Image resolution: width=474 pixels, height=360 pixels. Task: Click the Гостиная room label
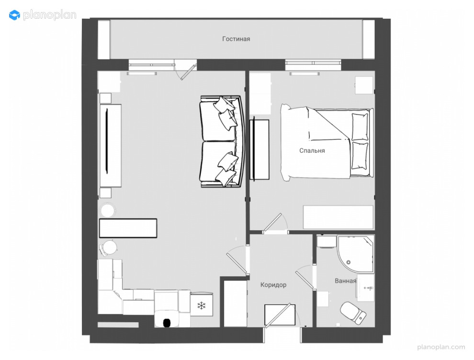(x=236, y=39)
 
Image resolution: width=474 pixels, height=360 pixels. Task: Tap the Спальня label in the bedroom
(x=312, y=150)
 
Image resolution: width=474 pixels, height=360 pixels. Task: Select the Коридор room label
(x=273, y=285)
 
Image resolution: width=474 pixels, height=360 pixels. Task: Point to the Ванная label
(x=345, y=281)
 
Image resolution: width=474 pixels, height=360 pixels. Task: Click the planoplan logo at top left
(x=42, y=15)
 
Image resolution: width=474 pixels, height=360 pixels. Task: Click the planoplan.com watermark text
(x=441, y=347)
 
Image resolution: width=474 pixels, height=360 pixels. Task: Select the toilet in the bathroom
(x=353, y=312)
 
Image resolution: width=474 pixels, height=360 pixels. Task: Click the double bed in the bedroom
(x=326, y=142)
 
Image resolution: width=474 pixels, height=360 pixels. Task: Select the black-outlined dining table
(x=128, y=228)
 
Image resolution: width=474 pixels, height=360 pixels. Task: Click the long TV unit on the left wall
(x=111, y=145)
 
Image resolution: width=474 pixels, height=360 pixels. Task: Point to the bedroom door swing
(x=275, y=224)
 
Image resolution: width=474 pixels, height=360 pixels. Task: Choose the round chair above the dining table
(x=108, y=210)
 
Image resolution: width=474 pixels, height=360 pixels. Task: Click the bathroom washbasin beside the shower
(x=367, y=288)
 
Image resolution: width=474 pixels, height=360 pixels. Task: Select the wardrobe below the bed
(x=338, y=217)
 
